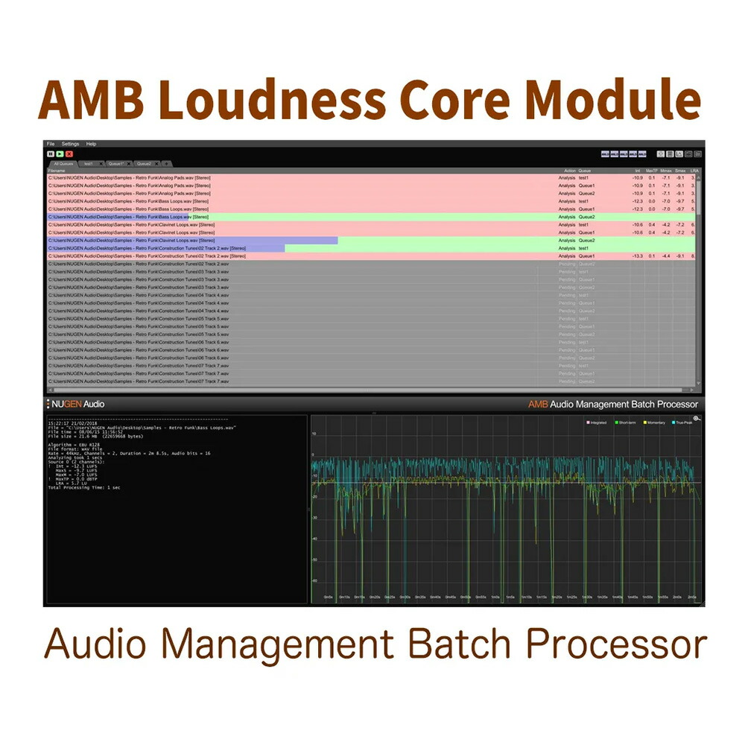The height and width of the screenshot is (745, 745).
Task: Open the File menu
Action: click(51, 144)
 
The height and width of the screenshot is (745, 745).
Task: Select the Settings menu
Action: click(70, 144)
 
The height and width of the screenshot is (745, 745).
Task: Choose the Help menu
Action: click(91, 144)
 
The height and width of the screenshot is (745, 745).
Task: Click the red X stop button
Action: click(69, 153)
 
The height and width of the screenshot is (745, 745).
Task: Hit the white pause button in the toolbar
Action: click(51, 153)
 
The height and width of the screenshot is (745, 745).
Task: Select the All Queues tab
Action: click(63, 163)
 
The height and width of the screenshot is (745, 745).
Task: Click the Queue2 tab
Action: click(144, 163)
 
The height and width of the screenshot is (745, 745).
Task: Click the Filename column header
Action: click(57, 171)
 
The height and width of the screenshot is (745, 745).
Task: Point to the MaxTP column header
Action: click(650, 171)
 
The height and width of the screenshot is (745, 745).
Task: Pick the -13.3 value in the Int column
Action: click(637, 256)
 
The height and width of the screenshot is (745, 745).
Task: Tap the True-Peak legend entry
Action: click(683, 422)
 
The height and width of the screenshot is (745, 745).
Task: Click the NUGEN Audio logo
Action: click(76, 404)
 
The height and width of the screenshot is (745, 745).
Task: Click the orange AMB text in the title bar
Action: click(537, 404)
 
